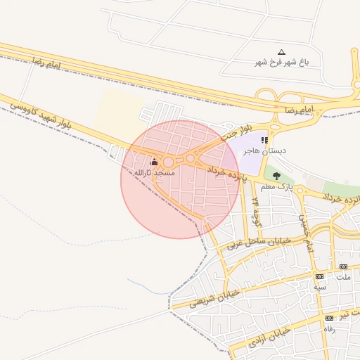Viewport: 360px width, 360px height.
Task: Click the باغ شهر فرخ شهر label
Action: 282,62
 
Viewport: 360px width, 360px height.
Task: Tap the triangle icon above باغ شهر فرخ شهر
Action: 282,52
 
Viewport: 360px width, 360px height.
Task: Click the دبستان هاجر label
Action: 262,150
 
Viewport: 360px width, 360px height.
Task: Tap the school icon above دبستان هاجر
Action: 264,141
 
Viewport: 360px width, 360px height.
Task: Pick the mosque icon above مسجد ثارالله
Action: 154,162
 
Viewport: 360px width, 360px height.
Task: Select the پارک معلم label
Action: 276,186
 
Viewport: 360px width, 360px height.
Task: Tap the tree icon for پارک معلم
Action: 276,175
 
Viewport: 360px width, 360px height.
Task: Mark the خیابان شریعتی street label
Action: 214,298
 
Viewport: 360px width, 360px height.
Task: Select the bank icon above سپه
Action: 320,277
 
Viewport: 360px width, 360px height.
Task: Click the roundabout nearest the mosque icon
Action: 169,162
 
